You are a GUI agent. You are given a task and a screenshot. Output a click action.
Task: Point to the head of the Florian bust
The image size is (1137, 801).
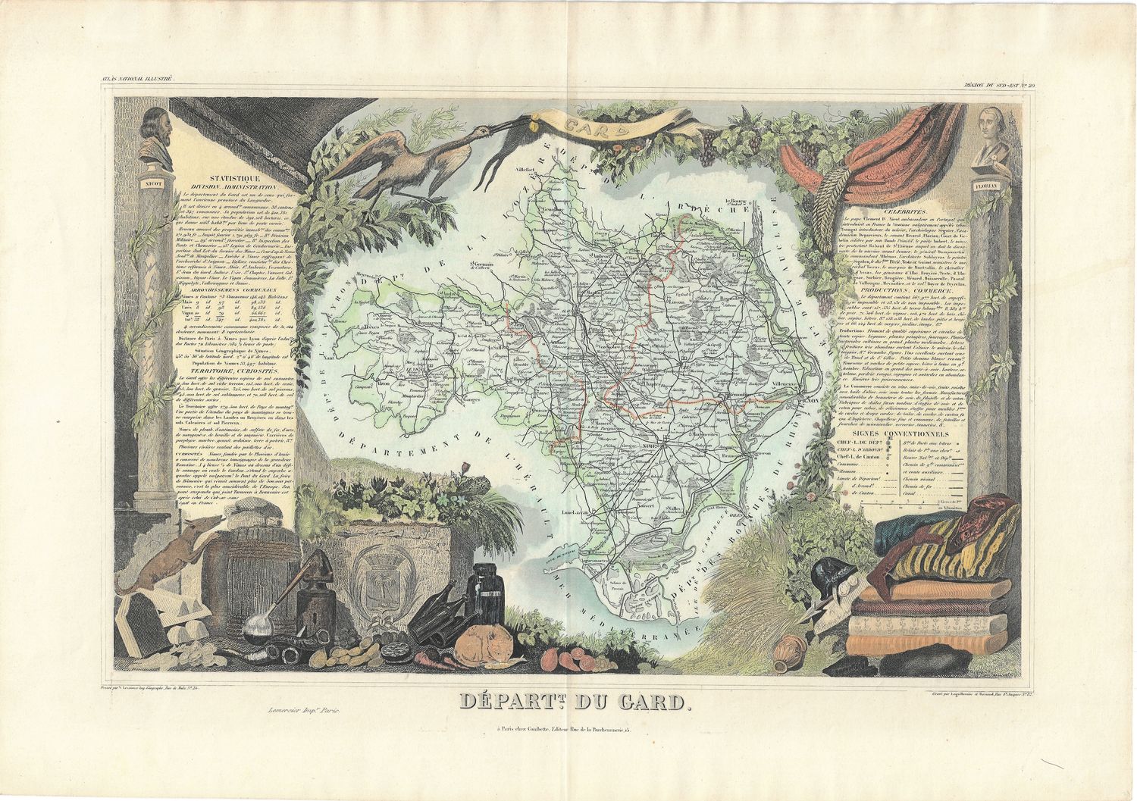pyautogui.click(x=988, y=126)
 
